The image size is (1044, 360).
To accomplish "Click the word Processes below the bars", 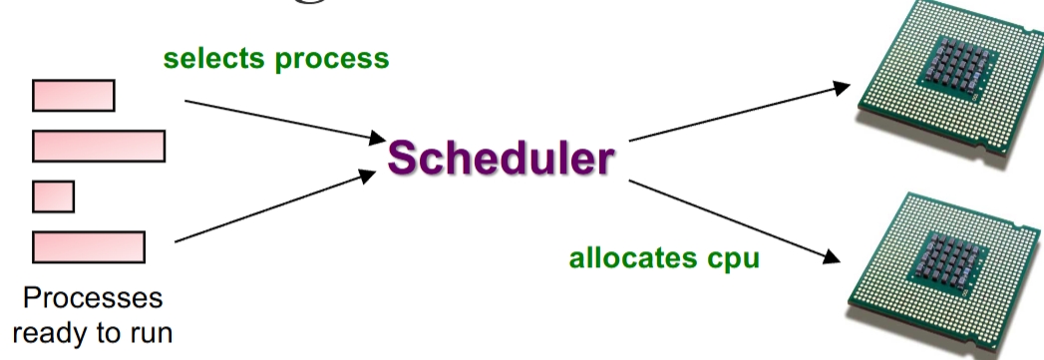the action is pyautogui.click(x=91, y=300).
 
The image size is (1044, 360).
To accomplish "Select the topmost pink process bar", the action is pyautogui.click(x=74, y=96).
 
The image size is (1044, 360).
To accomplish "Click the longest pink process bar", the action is pyautogui.click(x=99, y=146).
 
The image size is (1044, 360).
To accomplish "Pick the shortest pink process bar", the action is pyautogui.click(x=54, y=195).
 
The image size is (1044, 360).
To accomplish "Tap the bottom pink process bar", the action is pyautogui.click(x=89, y=245).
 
